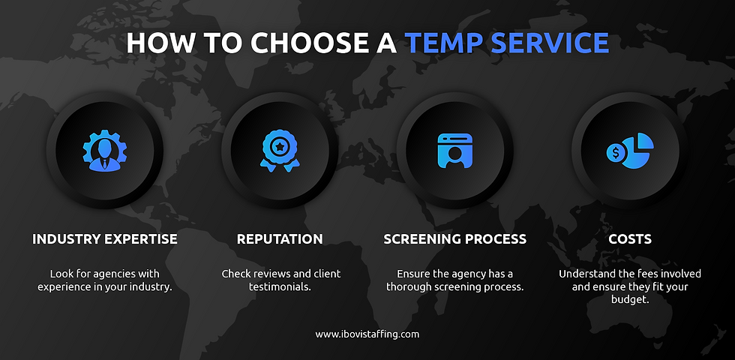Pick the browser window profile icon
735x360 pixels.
455,150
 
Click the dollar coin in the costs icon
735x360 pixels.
616,153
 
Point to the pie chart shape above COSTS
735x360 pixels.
639,146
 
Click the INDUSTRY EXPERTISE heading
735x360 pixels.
105,239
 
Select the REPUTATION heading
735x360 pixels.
280,239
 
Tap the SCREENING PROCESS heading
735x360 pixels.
455,239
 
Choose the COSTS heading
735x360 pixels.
630,239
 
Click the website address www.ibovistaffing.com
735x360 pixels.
367,334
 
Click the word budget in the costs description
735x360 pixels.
630,301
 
